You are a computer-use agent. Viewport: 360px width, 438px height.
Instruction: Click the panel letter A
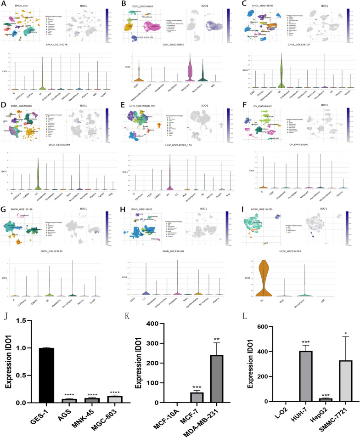tap(3, 4)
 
